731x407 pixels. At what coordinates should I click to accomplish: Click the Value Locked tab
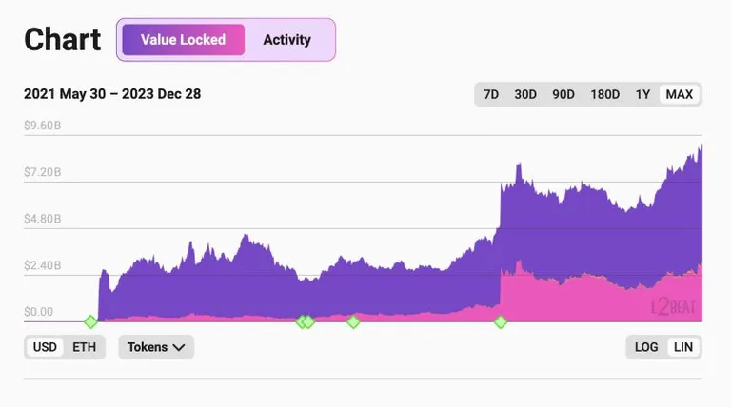(x=183, y=40)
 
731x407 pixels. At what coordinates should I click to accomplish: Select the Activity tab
(x=286, y=40)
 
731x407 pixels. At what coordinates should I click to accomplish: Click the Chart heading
(x=63, y=40)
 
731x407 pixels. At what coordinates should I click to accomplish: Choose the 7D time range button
(x=491, y=94)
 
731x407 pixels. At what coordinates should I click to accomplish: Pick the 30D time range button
(x=525, y=94)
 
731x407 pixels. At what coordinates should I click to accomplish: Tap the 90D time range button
(x=563, y=94)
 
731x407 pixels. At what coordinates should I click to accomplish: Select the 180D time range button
(x=604, y=94)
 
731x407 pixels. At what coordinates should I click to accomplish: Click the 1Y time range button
(x=642, y=94)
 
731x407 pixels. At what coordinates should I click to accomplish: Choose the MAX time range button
(x=680, y=94)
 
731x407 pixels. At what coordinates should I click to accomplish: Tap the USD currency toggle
(x=45, y=347)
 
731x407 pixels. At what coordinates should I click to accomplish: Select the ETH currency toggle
(x=85, y=347)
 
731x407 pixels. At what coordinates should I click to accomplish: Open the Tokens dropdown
(x=156, y=347)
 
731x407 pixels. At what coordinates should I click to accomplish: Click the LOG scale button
(x=646, y=347)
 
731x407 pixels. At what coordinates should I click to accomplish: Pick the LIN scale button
(x=683, y=347)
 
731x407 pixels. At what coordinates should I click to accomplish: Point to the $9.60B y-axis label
(x=43, y=126)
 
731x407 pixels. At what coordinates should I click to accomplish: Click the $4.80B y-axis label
(x=43, y=219)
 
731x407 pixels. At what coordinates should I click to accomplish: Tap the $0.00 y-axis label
(x=39, y=312)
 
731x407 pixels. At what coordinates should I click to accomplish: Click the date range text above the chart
(x=112, y=94)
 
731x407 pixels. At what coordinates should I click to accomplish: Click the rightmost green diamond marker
(x=501, y=321)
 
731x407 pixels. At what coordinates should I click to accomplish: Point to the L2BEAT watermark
(x=673, y=307)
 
